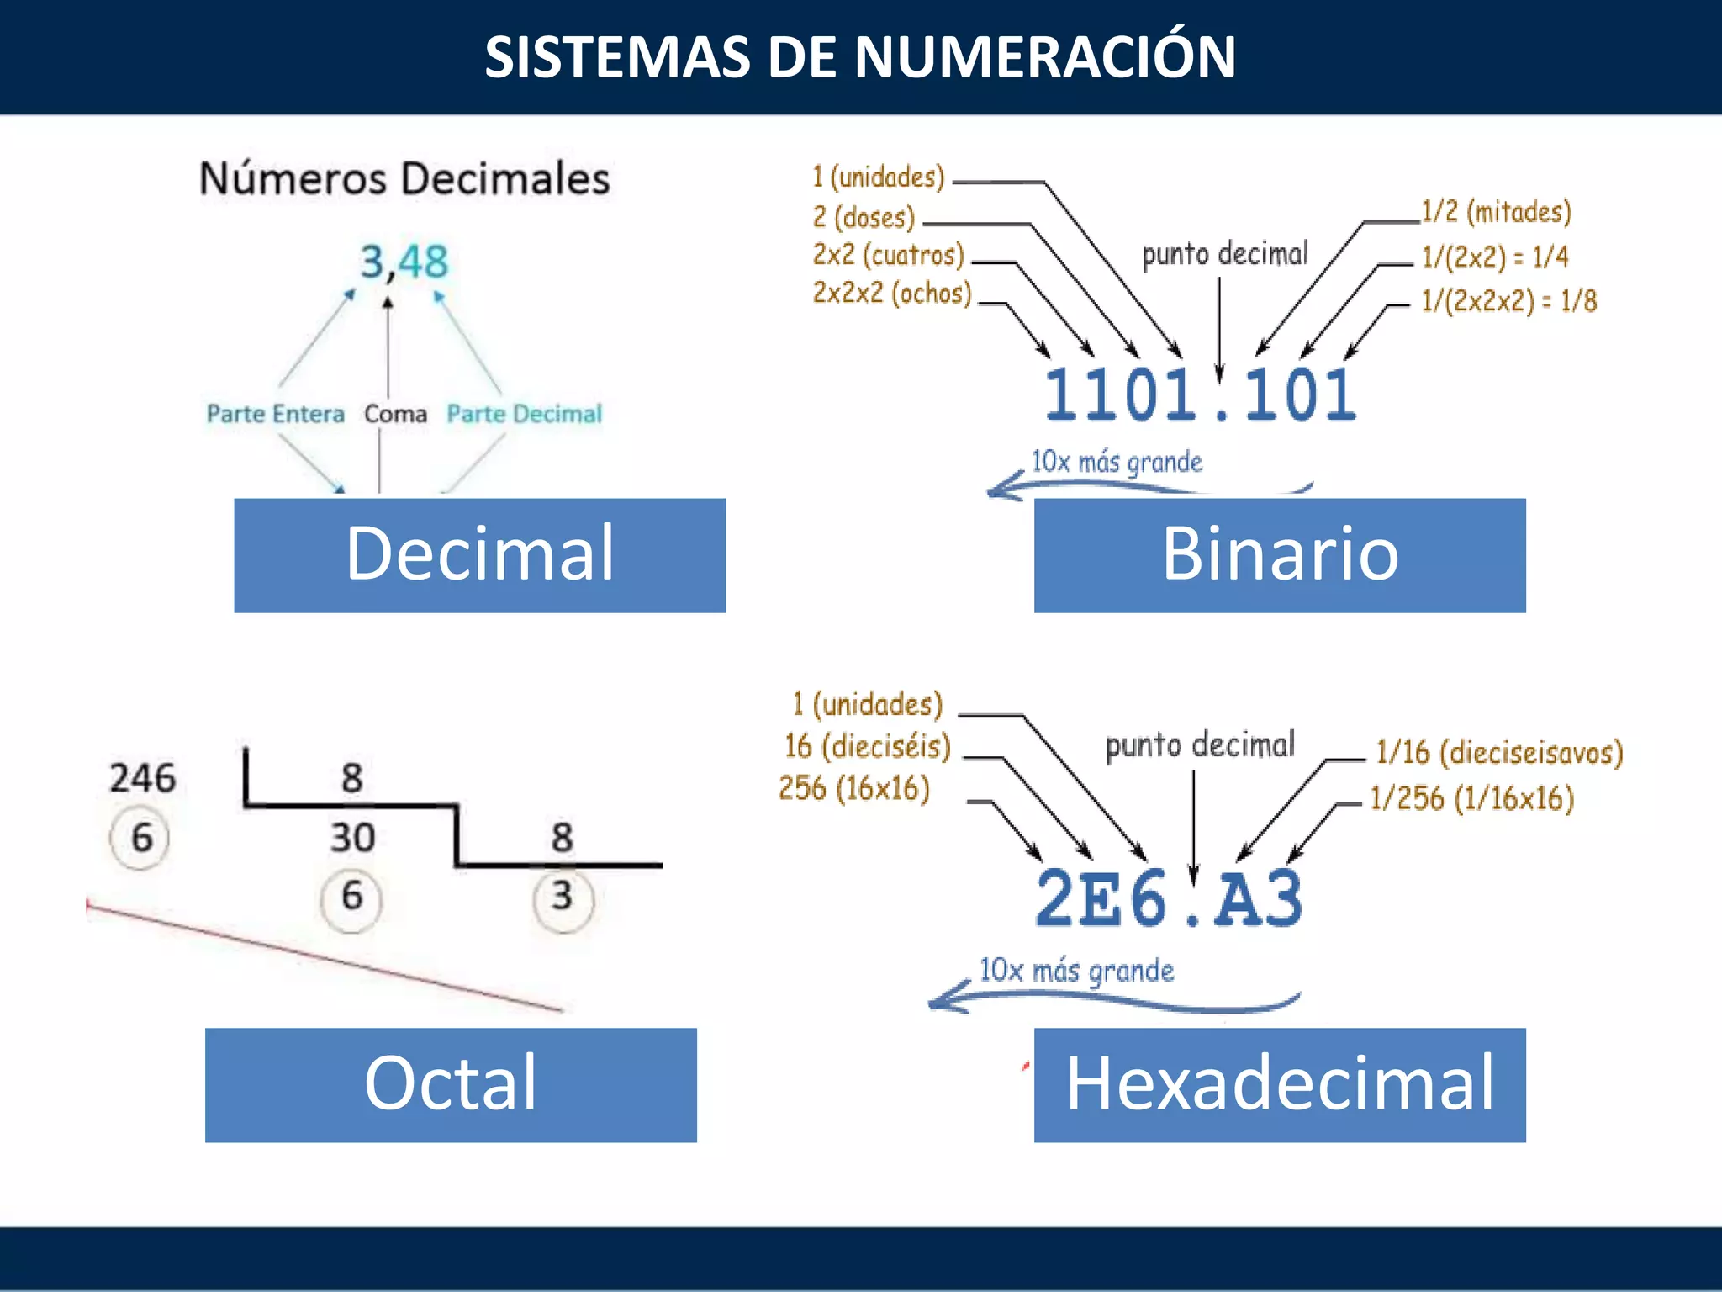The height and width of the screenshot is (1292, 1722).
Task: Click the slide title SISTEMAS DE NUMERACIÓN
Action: [x=860, y=57]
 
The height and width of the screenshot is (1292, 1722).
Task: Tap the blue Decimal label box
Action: [x=479, y=555]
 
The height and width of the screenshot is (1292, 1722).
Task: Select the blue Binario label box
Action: [x=1279, y=555]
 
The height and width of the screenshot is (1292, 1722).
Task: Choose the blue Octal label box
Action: [x=451, y=1084]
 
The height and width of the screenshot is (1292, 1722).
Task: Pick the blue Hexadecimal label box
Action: [x=1279, y=1084]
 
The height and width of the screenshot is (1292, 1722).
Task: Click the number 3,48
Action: [x=404, y=262]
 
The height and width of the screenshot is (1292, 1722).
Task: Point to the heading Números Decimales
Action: [x=404, y=178]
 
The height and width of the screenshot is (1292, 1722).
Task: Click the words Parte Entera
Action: [x=276, y=414]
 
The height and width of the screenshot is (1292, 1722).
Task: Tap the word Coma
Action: [x=395, y=414]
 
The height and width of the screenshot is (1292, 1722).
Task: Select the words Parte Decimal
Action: [x=524, y=414]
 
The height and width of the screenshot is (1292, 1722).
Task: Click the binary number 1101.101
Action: [x=1200, y=394]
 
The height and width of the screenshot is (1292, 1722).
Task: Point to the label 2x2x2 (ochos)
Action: [x=892, y=294]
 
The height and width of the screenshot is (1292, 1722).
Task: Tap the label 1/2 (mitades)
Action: [x=1496, y=212]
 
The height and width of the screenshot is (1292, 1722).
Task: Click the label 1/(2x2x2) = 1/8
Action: [x=1508, y=301]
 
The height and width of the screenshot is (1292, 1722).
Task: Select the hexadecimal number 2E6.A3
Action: [x=1169, y=899]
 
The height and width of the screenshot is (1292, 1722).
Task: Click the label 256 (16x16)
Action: [x=854, y=789]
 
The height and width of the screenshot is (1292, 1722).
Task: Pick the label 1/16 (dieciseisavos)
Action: [x=1499, y=752]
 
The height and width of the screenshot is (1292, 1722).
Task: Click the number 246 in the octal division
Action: [x=143, y=778]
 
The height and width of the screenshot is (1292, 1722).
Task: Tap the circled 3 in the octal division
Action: [x=563, y=897]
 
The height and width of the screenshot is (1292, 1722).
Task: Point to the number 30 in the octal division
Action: [x=352, y=838]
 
